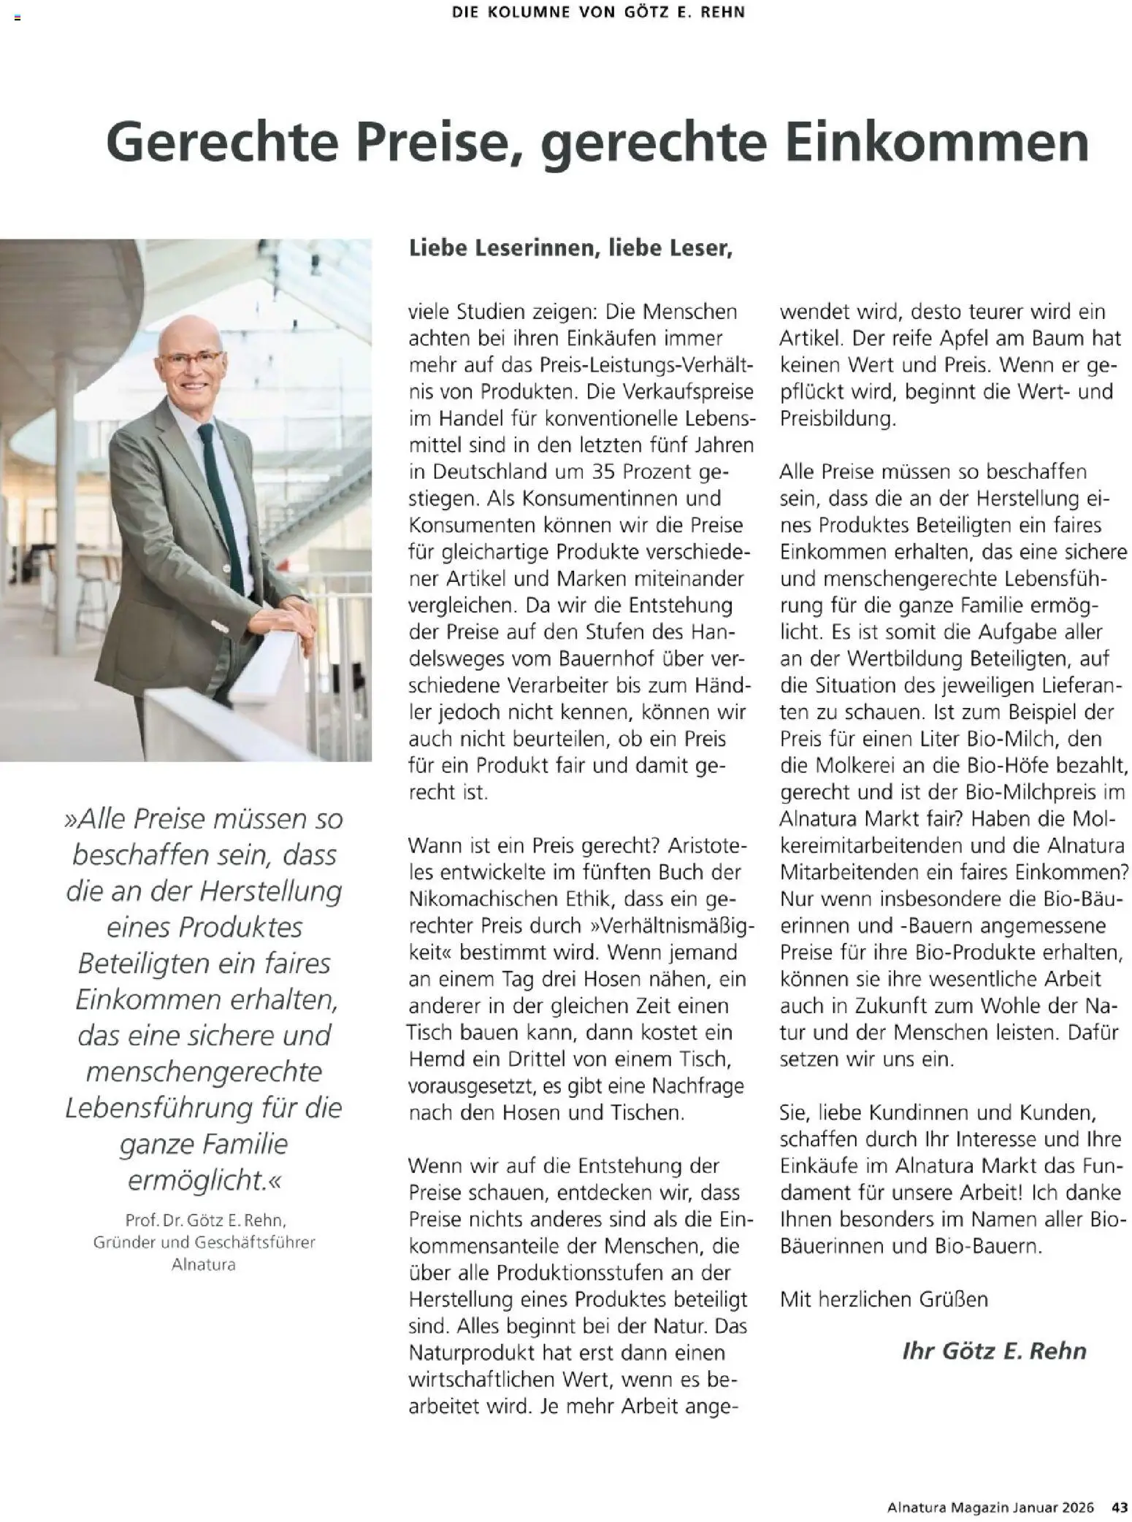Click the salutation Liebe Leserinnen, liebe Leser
tap(570, 248)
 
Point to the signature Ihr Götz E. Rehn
tap(994, 1350)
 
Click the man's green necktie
tap(221, 504)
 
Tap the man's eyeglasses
tap(190, 358)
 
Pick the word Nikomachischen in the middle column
tap(479, 899)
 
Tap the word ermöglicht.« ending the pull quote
tap(204, 1180)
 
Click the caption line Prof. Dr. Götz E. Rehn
tap(206, 1220)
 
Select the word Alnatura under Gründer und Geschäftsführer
tap(204, 1264)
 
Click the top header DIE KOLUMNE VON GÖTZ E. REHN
tap(598, 12)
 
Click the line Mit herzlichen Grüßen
tap(884, 1299)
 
